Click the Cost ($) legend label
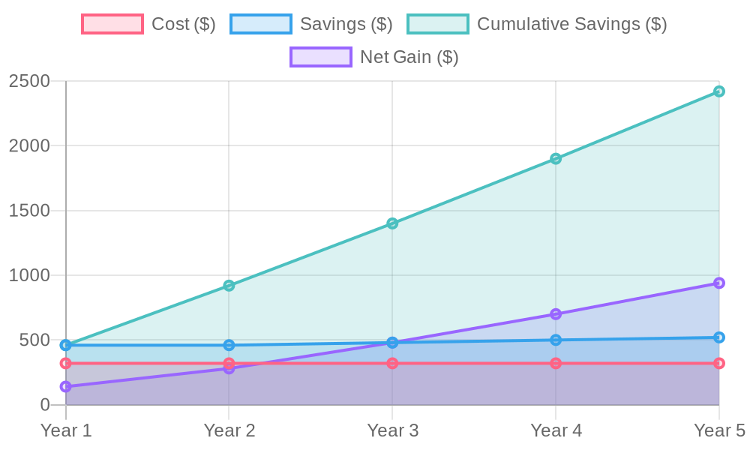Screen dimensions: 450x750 pos(183,24)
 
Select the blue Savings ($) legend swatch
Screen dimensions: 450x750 pos(260,24)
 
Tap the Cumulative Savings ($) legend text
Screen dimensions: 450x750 pos(571,24)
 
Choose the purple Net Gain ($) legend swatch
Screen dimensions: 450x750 pos(320,57)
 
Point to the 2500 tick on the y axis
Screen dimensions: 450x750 pos(29,81)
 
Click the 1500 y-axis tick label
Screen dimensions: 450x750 pos(29,211)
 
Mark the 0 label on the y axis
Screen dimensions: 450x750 pos(44,405)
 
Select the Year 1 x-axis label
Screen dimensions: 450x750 pos(66,430)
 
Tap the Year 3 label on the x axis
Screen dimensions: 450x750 pos(392,430)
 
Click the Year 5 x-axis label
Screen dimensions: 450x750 pos(718,430)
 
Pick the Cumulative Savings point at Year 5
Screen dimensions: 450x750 pos(718,91)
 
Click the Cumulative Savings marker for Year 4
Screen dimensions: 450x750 pos(556,158)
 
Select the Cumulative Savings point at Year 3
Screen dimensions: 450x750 pos(392,223)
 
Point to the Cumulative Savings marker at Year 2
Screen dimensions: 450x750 pos(229,285)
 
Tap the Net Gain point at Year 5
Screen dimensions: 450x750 pos(718,283)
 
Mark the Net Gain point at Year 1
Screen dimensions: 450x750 pos(66,387)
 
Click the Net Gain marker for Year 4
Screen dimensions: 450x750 pos(556,314)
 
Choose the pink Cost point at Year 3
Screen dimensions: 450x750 pos(392,364)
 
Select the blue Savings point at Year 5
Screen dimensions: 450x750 pos(718,338)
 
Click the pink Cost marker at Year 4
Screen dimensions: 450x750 pos(556,364)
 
